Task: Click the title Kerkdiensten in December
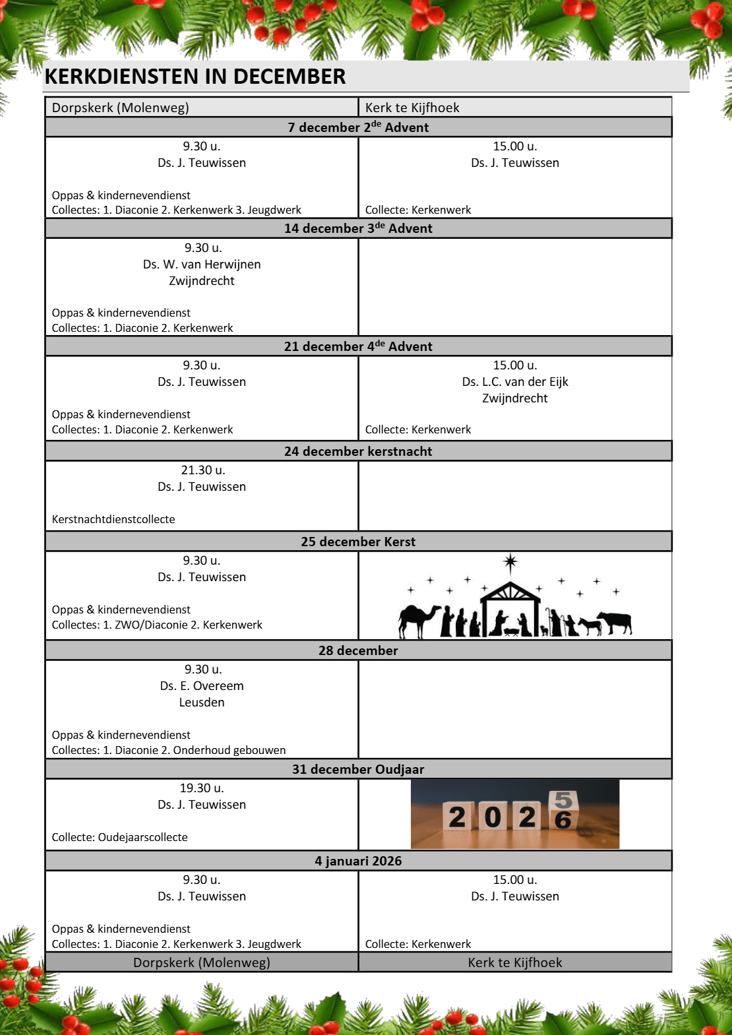coord(195,77)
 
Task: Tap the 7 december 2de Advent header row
coord(358,127)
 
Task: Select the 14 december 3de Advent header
coord(358,228)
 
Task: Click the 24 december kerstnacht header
coord(358,451)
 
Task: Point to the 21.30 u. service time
coord(202,470)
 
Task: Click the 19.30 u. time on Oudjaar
coord(202,788)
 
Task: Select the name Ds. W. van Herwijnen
coord(202,265)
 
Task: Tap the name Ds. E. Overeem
coord(202,686)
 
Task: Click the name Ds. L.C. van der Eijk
coord(515,382)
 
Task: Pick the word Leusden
coord(202,703)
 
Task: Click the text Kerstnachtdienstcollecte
coord(113,519)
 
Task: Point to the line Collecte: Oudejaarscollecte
coord(119,837)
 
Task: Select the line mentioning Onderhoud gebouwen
coord(169,750)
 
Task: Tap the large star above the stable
coord(510,563)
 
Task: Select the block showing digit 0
coord(492,817)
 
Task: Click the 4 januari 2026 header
coord(358,861)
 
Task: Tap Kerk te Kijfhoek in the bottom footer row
coord(515,962)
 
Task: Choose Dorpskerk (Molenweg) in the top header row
coord(120,108)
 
